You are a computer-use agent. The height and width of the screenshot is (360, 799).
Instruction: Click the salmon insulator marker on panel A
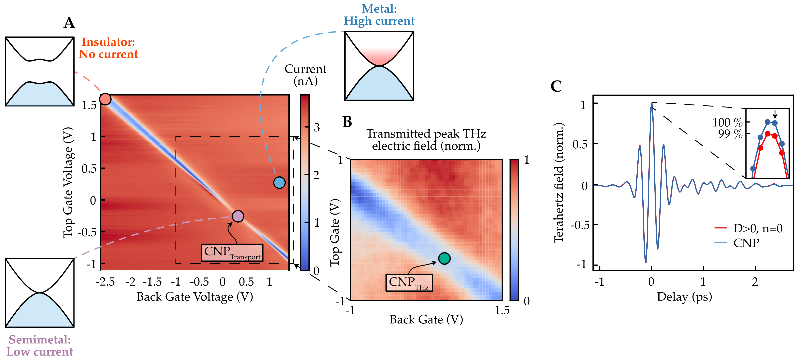(x=105, y=99)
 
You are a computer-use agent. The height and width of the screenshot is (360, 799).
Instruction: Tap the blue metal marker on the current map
(x=279, y=182)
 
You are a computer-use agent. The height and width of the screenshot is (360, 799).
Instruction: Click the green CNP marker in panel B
(x=444, y=258)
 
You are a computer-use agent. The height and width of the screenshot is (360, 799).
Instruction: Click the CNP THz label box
(x=409, y=282)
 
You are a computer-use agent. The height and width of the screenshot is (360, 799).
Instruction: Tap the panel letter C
(x=556, y=86)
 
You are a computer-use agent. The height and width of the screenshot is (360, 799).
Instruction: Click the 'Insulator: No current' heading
(x=108, y=48)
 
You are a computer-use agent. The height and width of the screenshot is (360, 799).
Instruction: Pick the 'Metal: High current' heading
(x=379, y=15)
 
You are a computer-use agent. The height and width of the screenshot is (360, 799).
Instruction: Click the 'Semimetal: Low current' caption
(x=40, y=345)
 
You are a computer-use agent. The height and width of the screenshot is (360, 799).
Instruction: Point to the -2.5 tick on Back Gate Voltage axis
(x=105, y=282)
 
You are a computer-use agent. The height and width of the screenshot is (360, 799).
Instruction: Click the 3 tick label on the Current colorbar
(x=317, y=127)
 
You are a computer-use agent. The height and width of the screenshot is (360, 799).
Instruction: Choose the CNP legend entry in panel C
(x=746, y=243)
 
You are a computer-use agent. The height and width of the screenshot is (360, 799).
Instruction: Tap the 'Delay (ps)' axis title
(x=684, y=297)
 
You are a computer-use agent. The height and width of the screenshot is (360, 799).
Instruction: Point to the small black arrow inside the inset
(x=774, y=114)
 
